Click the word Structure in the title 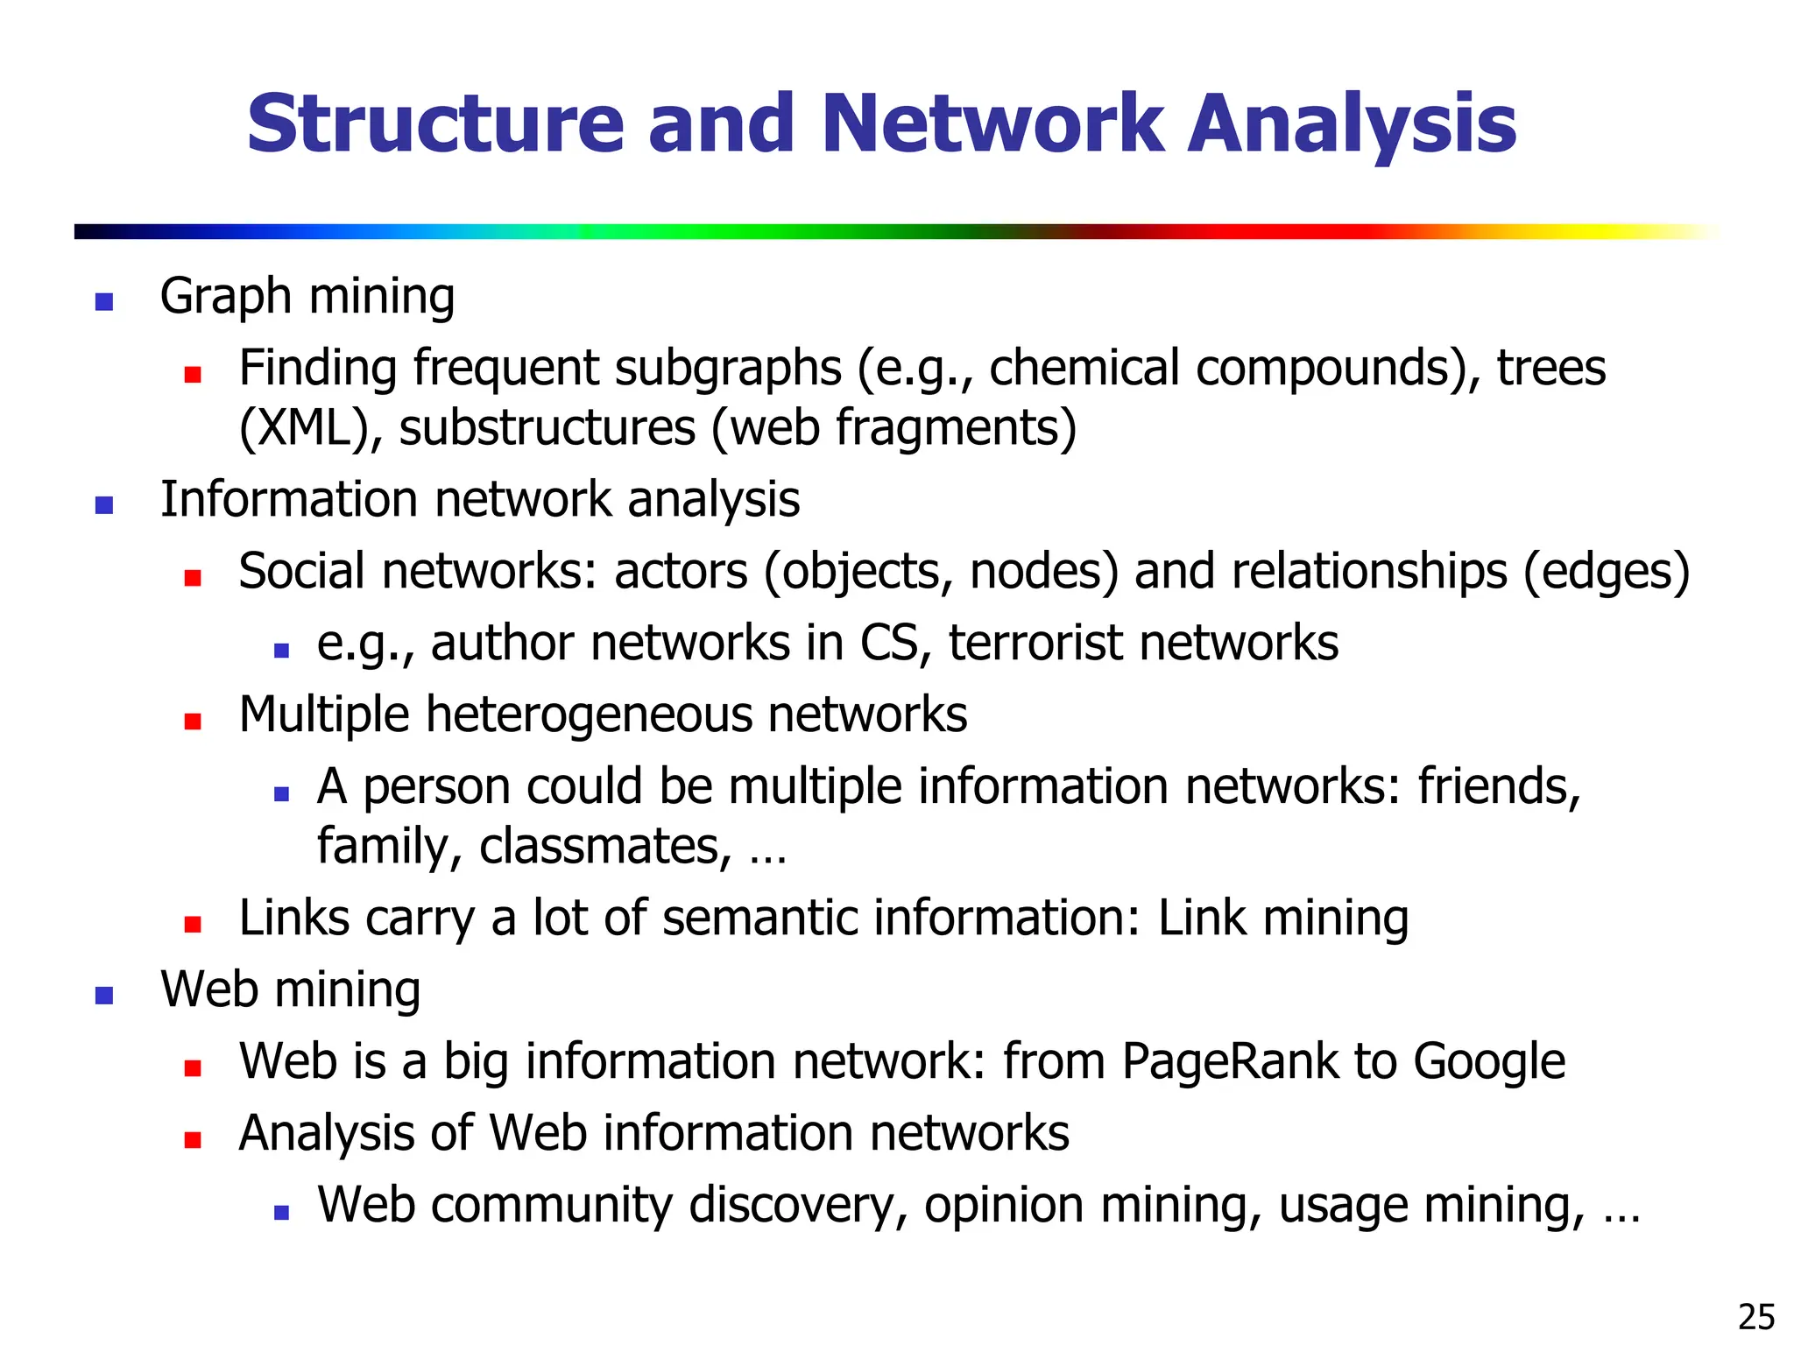(x=434, y=124)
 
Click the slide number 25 (x=1755, y=1317)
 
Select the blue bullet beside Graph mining (x=104, y=302)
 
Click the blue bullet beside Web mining (x=104, y=996)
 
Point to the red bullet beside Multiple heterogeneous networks (x=193, y=721)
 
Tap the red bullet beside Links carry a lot (x=193, y=924)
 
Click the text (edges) (x=1607, y=573)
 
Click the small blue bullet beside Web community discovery (x=281, y=1213)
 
